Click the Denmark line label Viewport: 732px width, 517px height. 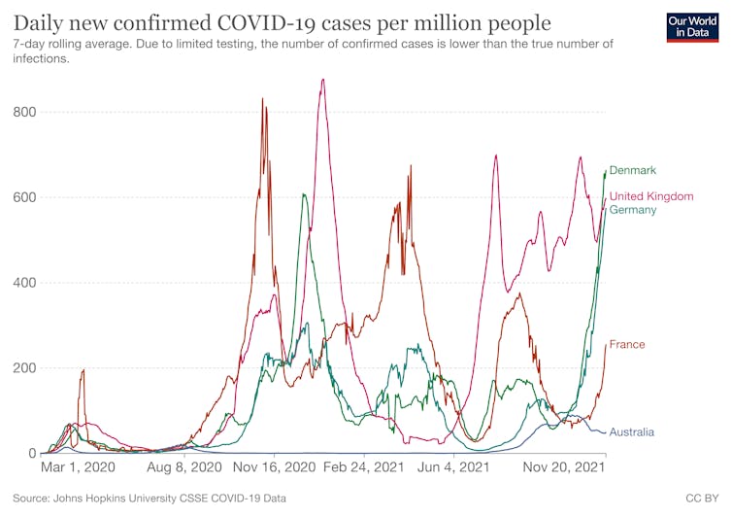(633, 170)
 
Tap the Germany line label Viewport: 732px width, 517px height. (633, 210)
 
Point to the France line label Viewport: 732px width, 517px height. (626, 345)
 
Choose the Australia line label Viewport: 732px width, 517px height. (631, 431)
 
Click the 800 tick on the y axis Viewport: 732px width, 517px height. (24, 112)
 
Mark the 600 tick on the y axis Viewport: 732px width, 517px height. (24, 197)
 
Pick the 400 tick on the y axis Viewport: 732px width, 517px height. (24, 283)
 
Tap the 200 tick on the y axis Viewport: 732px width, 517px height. (24, 368)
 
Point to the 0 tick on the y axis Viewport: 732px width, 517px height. (32, 454)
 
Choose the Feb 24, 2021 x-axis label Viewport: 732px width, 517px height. (362, 467)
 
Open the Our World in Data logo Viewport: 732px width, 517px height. (694, 27)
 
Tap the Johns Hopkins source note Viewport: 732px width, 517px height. (150, 498)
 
